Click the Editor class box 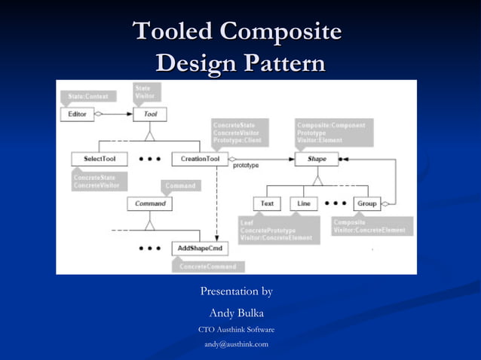pos(77,114)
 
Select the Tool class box pos(150,114)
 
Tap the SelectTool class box pos(100,159)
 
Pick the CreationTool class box pos(200,159)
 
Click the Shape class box pos(317,159)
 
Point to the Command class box pos(150,203)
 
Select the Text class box pos(267,203)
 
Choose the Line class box pos(304,203)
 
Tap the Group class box pos(366,203)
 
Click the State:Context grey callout pos(87,96)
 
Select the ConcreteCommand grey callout pos(208,266)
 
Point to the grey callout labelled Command pos(180,185)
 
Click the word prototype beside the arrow pos(246,166)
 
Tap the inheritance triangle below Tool pos(150,136)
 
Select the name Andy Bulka pos(236,313)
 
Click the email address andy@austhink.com pos(236,344)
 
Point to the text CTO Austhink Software pos(236,330)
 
